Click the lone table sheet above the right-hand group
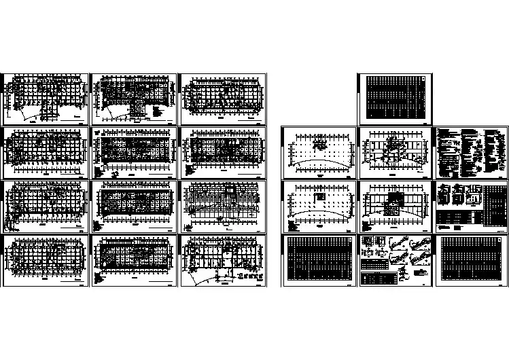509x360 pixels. pyautogui.click(x=394, y=97)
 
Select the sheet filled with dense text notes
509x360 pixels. pyautogui.click(x=471, y=150)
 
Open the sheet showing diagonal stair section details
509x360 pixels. pyautogui.click(x=394, y=258)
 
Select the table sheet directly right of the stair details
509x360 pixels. pyautogui.click(x=471, y=258)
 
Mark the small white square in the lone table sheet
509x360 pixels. pyautogui.click(x=423, y=78)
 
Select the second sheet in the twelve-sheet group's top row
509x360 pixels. pyautogui.click(x=133, y=97)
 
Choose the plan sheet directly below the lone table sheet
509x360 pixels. pyautogui.click(x=394, y=150)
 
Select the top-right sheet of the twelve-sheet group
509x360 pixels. pyautogui.click(x=222, y=97)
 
